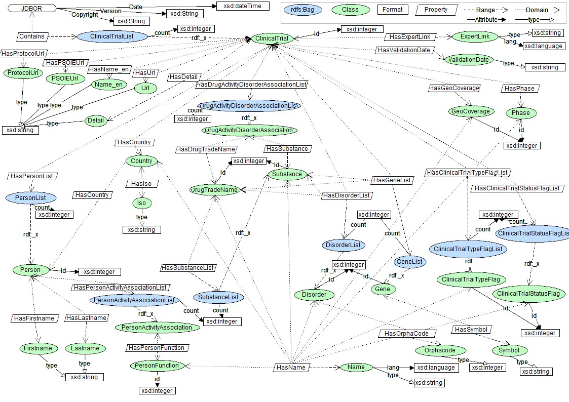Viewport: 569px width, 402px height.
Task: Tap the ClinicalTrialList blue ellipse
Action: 115,36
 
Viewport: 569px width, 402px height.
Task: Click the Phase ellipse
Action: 520,112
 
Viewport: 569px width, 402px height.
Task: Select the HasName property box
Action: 291,367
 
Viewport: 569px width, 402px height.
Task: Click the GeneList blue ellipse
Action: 410,262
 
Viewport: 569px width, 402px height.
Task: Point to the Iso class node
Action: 141,203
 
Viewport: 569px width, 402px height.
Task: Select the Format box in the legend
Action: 392,10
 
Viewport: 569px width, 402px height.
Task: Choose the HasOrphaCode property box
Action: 407,334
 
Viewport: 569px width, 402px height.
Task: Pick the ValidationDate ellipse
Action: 468,60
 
